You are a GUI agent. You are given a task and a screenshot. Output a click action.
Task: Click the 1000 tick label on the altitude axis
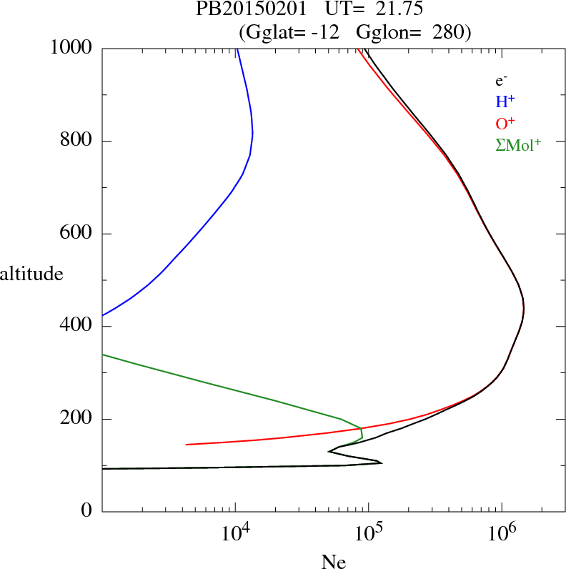(x=71, y=48)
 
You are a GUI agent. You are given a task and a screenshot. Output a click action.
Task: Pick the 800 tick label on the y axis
(x=76, y=141)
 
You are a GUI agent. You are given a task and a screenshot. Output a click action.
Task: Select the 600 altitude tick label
(x=76, y=234)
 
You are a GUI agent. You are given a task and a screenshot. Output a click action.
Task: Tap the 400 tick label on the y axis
(x=76, y=327)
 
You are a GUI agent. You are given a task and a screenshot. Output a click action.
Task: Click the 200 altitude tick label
(x=76, y=419)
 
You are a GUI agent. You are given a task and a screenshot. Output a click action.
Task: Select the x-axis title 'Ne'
(x=333, y=562)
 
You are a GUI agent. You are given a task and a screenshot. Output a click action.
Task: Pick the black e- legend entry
(x=502, y=81)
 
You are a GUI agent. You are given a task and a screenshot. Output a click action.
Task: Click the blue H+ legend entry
(x=505, y=102)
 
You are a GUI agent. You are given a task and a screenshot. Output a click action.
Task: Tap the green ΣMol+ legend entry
(x=518, y=144)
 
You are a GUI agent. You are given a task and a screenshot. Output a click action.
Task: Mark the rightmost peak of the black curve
(x=524, y=310)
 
